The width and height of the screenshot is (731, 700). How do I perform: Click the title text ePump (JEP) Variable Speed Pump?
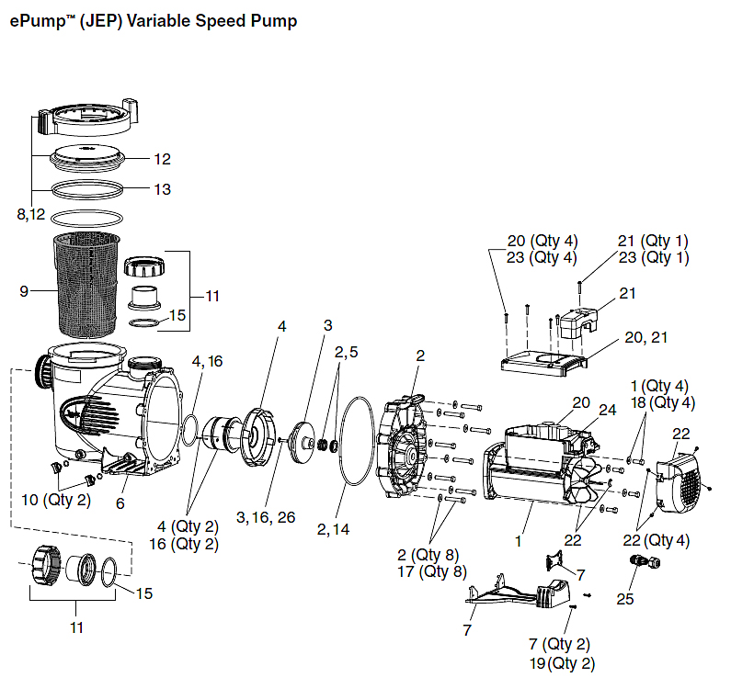154,21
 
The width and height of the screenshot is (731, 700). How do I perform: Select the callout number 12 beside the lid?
162,159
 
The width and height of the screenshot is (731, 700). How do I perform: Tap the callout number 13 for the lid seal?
162,189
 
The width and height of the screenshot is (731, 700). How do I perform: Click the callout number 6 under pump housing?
120,502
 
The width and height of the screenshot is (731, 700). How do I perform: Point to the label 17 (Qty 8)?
429,571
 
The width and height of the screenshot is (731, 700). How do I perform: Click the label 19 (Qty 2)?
570,663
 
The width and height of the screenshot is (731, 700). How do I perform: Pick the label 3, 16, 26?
266,517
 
